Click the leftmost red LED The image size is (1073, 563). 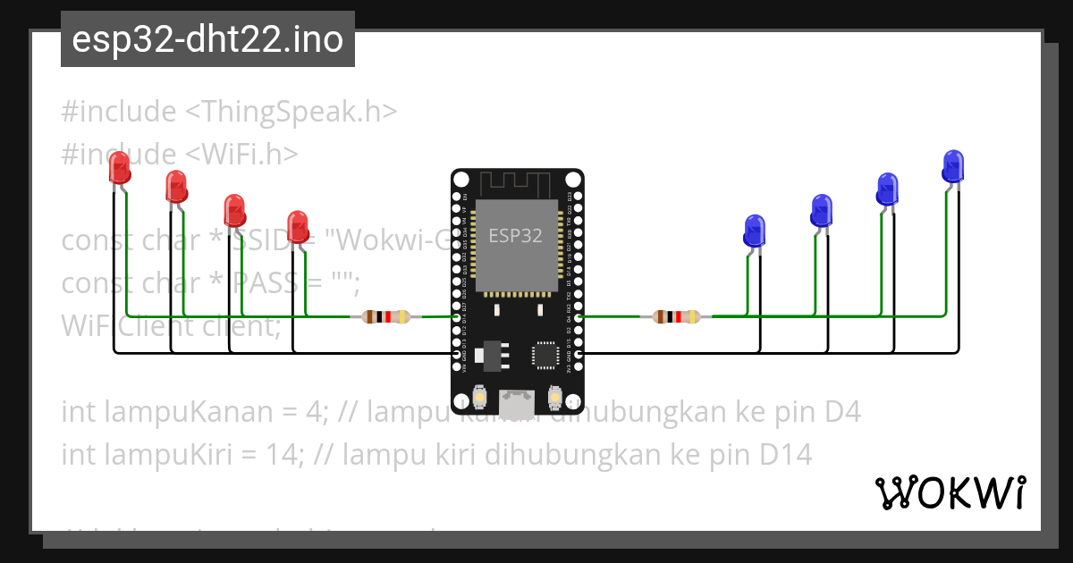pyautogui.click(x=119, y=169)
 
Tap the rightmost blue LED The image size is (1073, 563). pyautogui.click(x=953, y=166)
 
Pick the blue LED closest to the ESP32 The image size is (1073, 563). pyautogui.click(x=755, y=231)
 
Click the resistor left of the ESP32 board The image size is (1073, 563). pyautogui.click(x=385, y=316)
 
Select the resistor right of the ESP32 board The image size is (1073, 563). pyautogui.click(x=677, y=316)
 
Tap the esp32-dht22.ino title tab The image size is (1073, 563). pyautogui.click(x=207, y=39)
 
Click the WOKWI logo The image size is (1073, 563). pyautogui.click(x=950, y=492)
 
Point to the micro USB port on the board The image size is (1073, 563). pyautogui.click(x=517, y=403)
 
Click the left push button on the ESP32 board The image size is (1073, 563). pyautogui.click(x=480, y=395)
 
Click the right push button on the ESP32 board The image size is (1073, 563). pyautogui.click(x=554, y=395)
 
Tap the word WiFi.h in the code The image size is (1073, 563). pyautogui.click(x=241, y=154)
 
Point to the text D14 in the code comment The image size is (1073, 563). pyautogui.click(x=786, y=455)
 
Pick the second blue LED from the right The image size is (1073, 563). pyautogui.click(x=887, y=189)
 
